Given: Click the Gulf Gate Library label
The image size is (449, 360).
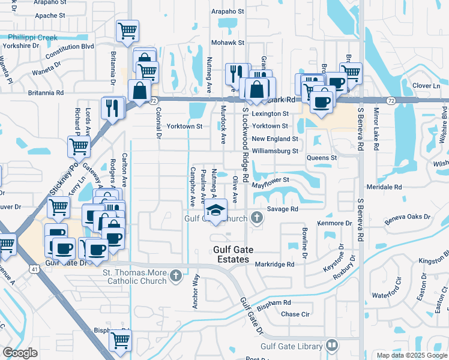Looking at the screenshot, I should point(291,346).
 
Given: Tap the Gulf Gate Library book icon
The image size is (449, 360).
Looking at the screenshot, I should point(331,346).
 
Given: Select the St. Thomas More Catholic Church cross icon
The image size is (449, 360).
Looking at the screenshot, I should point(175,276).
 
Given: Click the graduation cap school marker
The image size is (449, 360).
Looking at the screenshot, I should point(215,211).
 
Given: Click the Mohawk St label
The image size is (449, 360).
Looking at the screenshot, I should point(228,43).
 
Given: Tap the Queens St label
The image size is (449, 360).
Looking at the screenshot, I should point(322,158).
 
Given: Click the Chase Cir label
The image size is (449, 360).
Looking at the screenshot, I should point(295,314).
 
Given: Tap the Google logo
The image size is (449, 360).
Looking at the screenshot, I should point(20,353).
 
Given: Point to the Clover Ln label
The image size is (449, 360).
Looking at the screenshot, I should point(427,86).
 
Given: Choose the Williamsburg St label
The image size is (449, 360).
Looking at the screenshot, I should point(275,151).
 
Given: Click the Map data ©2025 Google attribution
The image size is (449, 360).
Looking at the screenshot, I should point(411,355).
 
